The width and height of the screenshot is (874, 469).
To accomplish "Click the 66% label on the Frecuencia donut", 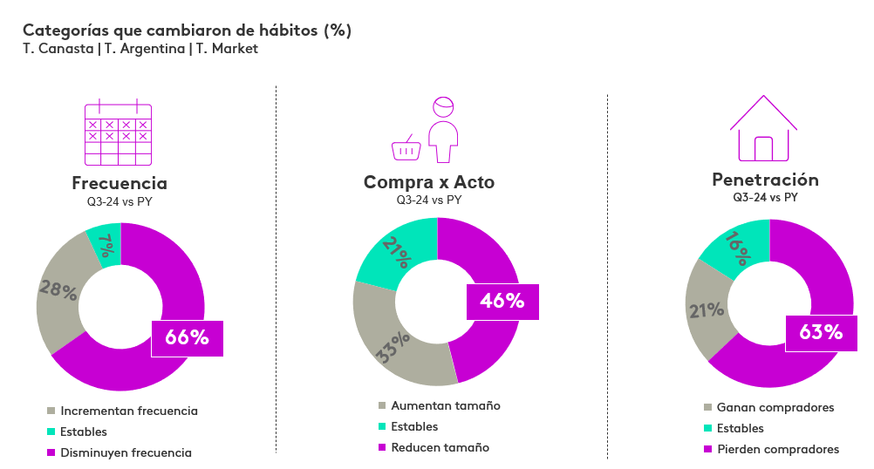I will click(187, 338).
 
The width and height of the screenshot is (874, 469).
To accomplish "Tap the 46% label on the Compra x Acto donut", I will click(502, 302).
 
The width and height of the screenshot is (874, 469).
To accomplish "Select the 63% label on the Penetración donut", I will click(821, 332).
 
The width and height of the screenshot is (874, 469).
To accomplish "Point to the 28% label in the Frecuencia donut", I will click(58, 290).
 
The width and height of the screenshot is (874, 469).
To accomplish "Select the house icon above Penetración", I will click(764, 129).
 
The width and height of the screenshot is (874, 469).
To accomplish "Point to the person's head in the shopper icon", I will click(444, 106).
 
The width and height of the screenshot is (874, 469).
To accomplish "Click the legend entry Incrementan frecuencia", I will click(129, 411).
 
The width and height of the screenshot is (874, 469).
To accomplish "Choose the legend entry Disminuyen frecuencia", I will click(126, 452).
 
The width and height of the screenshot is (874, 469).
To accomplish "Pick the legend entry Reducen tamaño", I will click(440, 447).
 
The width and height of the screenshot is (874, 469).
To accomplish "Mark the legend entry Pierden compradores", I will click(777, 449).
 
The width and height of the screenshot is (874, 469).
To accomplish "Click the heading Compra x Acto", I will click(428, 182).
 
